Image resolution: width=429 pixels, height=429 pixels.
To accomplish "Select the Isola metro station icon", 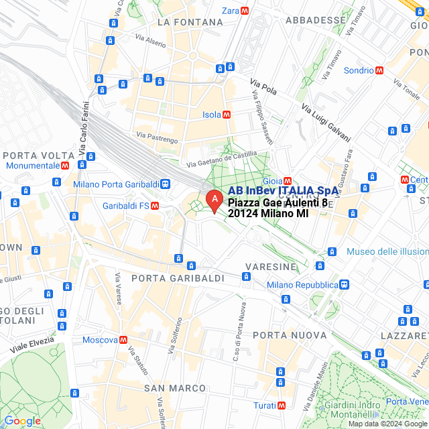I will click(227, 115).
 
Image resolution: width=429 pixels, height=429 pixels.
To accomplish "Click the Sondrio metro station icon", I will click(379, 70).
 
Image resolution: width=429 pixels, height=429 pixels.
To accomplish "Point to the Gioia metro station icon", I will click(288, 180).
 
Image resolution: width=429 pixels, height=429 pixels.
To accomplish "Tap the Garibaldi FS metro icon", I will click(155, 206).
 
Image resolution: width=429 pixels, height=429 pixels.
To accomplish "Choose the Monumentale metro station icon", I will click(65, 165).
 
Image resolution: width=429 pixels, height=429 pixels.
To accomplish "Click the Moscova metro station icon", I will click(123, 340).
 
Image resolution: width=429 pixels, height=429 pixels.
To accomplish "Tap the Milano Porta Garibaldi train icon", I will click(165, 184).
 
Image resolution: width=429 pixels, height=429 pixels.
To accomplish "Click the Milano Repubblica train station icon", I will click(343, 284).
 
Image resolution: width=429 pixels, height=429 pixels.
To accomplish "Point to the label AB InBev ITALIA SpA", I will click(283, 191).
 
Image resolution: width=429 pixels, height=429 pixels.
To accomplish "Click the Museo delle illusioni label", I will click(387, 251).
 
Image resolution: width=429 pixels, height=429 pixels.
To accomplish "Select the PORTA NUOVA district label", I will click(280, 334).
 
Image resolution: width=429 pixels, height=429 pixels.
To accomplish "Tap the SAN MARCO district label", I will click(175, 388).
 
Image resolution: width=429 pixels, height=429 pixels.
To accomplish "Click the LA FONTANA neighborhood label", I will click(190, 22).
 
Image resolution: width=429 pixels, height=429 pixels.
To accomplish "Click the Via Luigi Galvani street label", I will click(326, 123).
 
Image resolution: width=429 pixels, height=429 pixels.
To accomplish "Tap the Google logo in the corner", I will click(22, 420).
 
